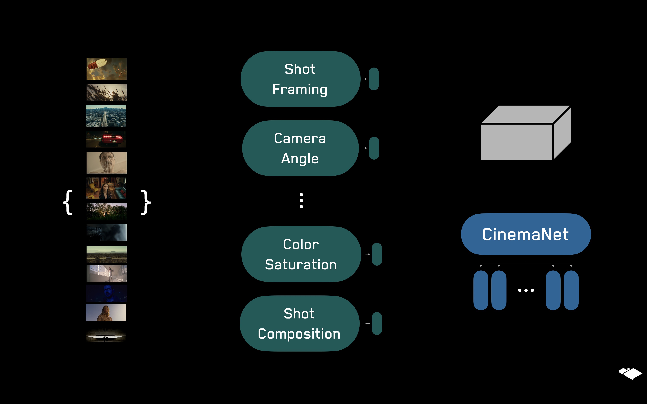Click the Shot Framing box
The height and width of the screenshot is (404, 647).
[300, 79]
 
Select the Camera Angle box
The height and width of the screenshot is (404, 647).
[300, 148]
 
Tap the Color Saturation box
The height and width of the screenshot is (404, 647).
[301, 254]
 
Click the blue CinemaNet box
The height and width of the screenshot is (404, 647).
[526, 234]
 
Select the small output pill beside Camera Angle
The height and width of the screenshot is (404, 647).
[374, 148]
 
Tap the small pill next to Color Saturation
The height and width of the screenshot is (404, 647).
[377, 254]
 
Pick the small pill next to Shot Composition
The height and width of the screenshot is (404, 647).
[377, 324]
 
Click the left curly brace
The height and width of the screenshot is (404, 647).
[68, 202]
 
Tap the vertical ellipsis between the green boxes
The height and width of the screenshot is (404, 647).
[301, 201]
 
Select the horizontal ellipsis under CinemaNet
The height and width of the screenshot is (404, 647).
[526, 290]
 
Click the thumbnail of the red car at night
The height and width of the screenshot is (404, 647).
[106, 139]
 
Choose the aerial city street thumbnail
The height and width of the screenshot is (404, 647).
[106, 116]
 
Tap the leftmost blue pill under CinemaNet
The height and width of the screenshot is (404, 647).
[481, 290]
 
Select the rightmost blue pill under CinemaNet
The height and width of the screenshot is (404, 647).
[571, 290]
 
